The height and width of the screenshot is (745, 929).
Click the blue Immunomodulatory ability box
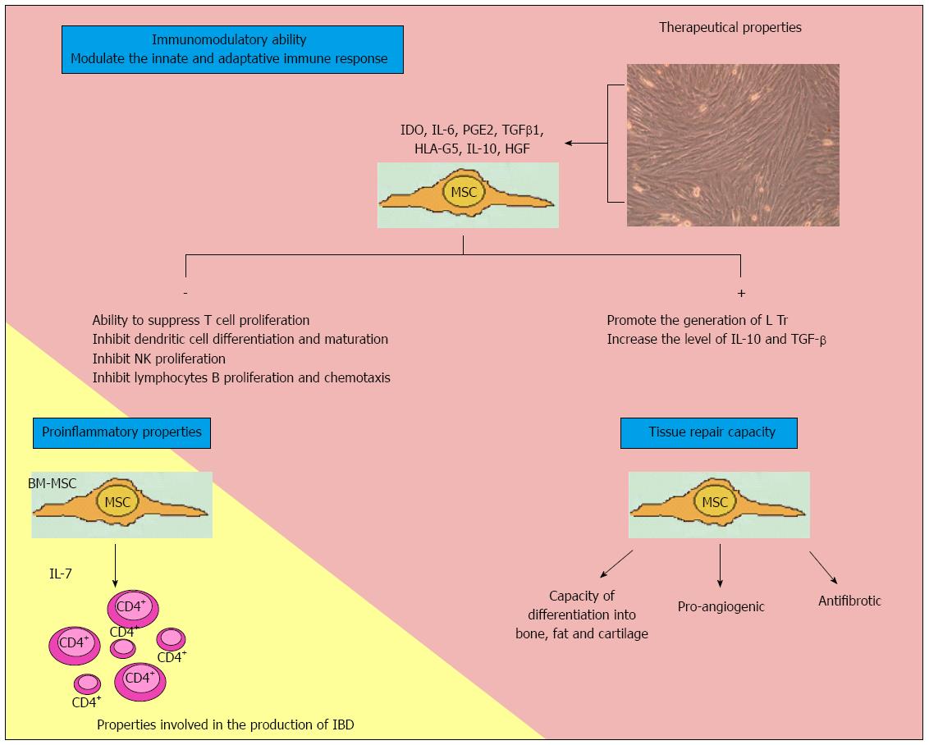[232, 49]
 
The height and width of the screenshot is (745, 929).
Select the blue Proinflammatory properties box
[121, 433]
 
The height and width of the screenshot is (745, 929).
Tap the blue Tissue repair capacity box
[708, 433]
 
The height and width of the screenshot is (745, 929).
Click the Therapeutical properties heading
[730, 27]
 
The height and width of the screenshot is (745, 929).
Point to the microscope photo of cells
[733, 145]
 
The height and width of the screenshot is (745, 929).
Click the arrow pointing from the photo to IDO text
[587, 143]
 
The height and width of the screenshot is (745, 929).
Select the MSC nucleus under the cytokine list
[464, 192]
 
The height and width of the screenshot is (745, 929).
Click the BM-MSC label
[53, 483]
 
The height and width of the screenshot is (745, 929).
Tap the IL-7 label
[61, 574]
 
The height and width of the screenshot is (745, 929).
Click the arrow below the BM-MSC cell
[115, 565]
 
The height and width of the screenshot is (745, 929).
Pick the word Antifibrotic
[849, 601]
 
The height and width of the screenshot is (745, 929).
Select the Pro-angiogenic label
[721, 607]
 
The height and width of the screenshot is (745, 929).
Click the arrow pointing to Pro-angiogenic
[720, 565]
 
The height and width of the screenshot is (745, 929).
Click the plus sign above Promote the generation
[740, 293]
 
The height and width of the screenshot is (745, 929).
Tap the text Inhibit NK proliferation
[158, 359]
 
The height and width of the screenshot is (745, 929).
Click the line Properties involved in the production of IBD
[225, 724]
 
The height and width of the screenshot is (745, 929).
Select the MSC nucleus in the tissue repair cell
[715, 502]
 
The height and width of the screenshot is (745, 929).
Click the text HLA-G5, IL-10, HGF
[472, 149]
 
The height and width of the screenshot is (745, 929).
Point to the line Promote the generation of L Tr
[698, 320]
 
